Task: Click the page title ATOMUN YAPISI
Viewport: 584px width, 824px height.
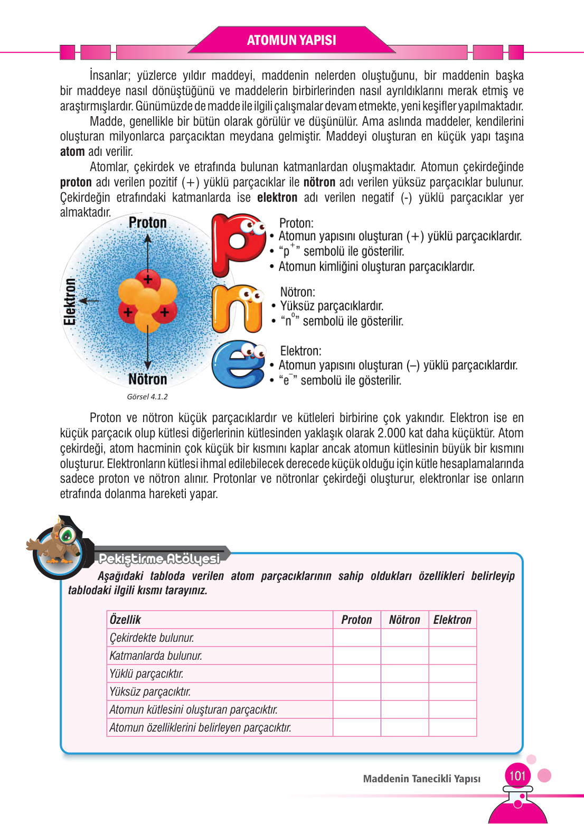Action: tap(291, 40)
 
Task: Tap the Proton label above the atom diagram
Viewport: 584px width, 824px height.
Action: tap(148, 223)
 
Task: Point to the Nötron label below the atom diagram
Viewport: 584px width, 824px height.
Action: tap(148, 379)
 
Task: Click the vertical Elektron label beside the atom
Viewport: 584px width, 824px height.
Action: tap(70, 302)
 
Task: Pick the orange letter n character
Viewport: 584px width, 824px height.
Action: tap(237, 309)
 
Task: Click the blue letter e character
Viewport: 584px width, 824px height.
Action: tap(238, 364)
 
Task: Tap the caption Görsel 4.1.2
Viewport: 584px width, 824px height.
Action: tap(147, 397)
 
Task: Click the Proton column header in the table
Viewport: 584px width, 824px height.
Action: tap(356, 620)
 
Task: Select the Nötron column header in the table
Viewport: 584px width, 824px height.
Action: tap(404, 620)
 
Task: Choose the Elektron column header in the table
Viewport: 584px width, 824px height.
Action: tap(453, 620)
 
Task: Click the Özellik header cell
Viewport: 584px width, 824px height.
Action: tap(126, 620)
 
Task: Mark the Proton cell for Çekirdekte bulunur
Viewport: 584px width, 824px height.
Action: tap(356, 638)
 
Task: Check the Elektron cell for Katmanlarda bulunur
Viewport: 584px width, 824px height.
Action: tap(453, 656)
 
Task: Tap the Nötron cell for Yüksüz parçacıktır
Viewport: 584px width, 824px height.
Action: tap(404, 691)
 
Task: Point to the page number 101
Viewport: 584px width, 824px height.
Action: tap(517, 776)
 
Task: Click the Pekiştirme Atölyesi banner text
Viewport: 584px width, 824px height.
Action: tap(159, 559)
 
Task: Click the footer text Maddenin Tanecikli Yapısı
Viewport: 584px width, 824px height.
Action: tap(422, 779)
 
